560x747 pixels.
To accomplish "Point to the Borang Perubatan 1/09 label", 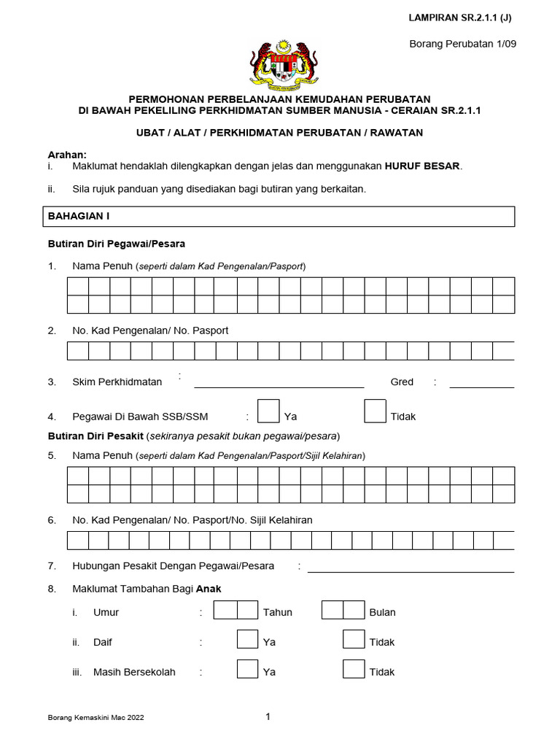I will pos(463,44).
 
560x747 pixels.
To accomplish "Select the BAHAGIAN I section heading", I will pos(79,217).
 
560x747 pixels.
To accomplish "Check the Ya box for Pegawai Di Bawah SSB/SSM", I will pos(269,411).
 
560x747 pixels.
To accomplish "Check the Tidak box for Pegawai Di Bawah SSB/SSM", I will pos(375,411).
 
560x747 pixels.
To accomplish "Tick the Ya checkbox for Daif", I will pos(248,639).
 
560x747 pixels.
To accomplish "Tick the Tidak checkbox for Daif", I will pos(354,639).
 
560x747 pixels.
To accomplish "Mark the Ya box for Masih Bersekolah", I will pos(248,669).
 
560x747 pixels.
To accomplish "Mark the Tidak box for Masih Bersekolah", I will pos(354,669).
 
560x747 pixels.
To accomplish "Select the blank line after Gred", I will pos(482,384).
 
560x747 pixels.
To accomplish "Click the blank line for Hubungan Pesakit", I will pos(411,569).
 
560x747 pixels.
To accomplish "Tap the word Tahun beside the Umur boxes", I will pos(278,613).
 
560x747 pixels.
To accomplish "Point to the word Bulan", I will pos(383,613).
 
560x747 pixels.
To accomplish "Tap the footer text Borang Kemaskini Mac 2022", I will pos(96,718).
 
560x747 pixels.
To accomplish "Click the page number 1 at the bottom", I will pos(268,717).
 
